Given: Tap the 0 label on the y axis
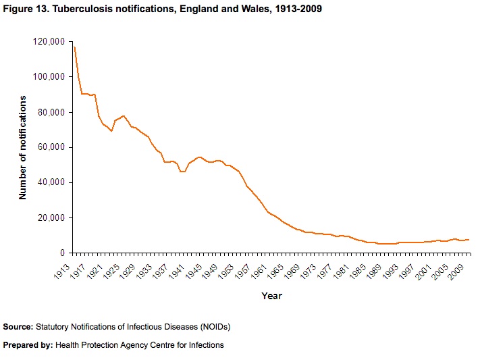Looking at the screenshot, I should (61, 253).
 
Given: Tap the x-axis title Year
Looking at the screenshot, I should (271, 296).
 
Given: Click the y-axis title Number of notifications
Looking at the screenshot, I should (23, 147).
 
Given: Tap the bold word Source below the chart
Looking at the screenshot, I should (18, 327).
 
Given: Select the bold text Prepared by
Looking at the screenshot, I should (28, 345).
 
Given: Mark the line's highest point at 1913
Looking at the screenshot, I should (74, 47).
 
